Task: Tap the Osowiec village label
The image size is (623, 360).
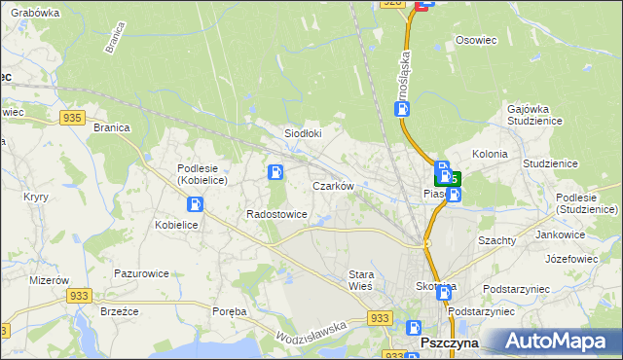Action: tap(476, 42)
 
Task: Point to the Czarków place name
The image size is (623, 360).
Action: tap(332, 185)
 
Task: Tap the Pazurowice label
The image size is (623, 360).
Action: tap(142, 274)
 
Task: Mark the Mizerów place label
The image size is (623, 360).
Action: tap(23, 278)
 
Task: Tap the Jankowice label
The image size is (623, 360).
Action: tap(560, 234)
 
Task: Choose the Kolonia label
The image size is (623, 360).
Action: tap(490, 154)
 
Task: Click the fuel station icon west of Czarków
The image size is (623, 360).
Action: tap(275, 173)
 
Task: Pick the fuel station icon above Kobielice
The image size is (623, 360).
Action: tap(195, 204)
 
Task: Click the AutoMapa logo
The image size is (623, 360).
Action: tap(558, 341)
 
